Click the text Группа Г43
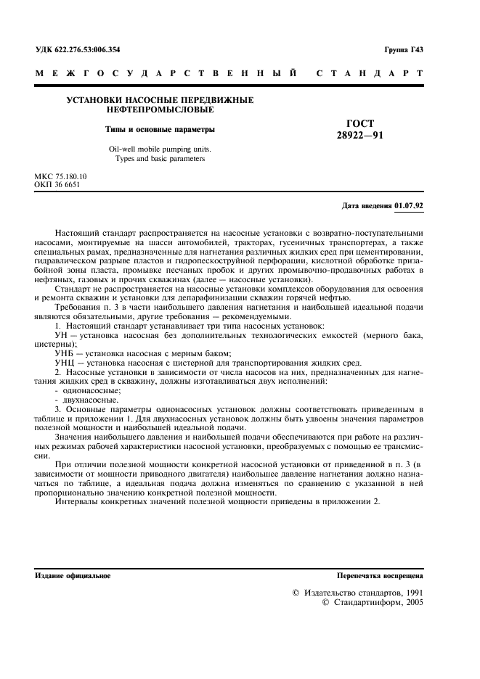[403, 49]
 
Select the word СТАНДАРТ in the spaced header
[370, 73]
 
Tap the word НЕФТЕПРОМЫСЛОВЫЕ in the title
[160, 110]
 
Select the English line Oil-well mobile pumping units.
[160, 149]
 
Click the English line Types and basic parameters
[160, 159]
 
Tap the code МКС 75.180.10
[61, 176]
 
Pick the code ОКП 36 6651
[58, 184]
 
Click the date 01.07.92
[410, 205]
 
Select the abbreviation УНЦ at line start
[65, 362]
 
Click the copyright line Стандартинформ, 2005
[373, 602]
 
